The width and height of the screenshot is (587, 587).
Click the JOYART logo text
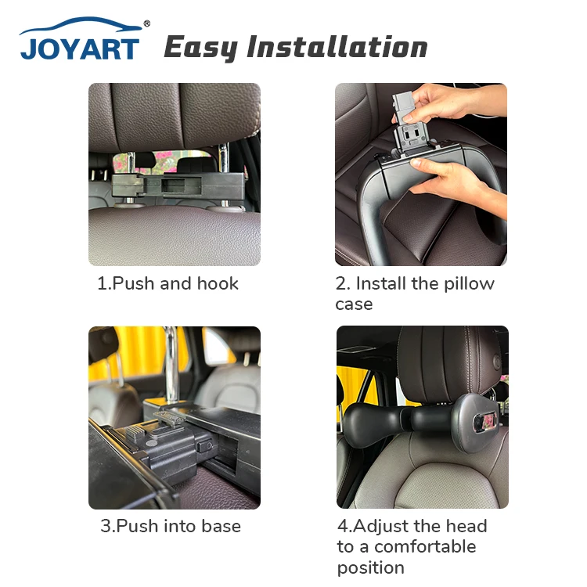click(x=80, y=48)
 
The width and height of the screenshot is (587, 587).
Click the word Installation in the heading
click(x=337, y=47)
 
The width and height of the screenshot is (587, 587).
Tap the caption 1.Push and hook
click(x=167, y=283)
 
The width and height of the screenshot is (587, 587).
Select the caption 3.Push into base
click(x=171, y=526)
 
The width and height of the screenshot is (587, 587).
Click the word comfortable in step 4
click(x=425, y=546)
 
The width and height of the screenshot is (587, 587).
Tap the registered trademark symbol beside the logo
click(x=146, y=24)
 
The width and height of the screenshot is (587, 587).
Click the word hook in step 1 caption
click(x=218, y=283)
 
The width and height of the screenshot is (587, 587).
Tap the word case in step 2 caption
click(x=354, y=304)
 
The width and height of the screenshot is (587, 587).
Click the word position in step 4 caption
click(x=371, y=567)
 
